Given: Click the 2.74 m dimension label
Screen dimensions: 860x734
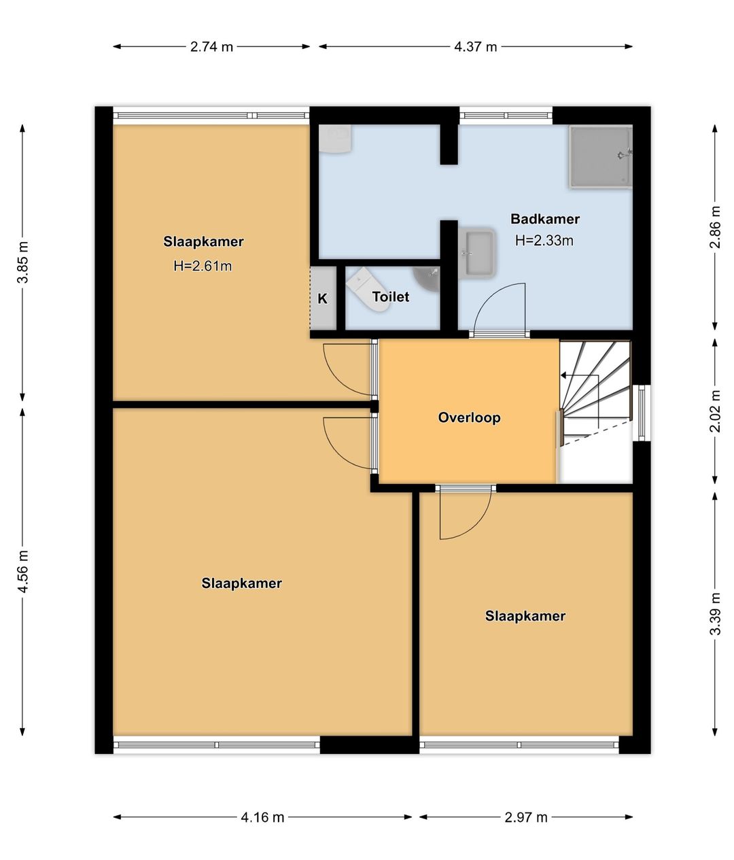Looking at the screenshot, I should [211, 47].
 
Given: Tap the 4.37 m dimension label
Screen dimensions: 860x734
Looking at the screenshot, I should [475, 47].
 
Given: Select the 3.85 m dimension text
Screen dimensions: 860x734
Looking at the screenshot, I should [23, 262].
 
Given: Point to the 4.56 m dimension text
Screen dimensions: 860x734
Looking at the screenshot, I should [23, 571].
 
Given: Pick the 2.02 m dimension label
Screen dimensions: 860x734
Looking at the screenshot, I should [714, 411].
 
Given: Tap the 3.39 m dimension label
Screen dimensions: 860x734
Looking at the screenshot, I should [714, 614].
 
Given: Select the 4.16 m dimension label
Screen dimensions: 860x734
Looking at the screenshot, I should [262, 817].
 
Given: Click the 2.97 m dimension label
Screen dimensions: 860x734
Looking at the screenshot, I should [526, 817].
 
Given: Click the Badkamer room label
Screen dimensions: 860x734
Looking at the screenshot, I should [545, 219].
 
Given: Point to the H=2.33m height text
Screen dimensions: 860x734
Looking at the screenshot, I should [544, 241].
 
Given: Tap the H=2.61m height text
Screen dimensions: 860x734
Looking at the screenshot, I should [203, 266].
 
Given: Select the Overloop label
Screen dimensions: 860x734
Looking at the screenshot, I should [469, 417].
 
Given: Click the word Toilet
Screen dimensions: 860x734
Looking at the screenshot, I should [391, 297].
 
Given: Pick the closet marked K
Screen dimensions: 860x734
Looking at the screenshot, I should [323, 298].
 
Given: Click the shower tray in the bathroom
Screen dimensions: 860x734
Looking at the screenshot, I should [600, 156].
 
